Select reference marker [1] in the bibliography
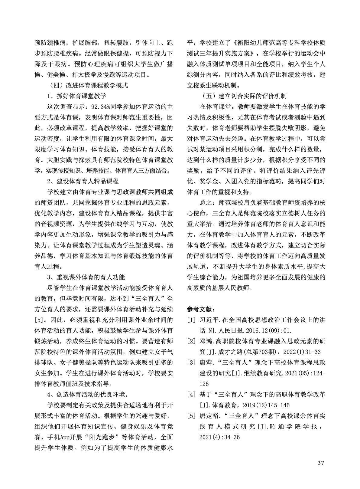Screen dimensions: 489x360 (191, 320)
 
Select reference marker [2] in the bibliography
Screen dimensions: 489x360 (191, 341)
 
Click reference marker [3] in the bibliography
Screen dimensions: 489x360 (191, 363)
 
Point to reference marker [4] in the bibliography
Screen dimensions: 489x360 (191, 395)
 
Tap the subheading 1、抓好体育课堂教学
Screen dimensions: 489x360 (76, 96)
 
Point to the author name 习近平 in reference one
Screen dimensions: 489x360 (208, 320)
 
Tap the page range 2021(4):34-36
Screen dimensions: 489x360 (219, 437)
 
